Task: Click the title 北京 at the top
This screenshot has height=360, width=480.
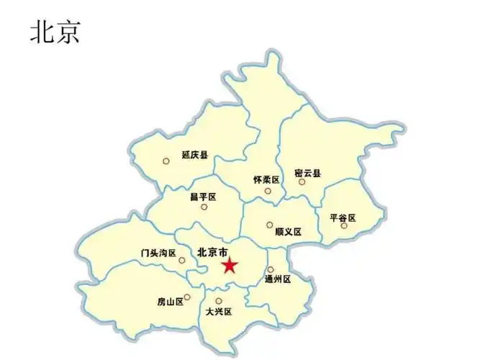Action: (55, 32)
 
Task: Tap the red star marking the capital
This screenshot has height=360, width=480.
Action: (230, 266)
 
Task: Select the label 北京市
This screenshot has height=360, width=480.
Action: (212, 252)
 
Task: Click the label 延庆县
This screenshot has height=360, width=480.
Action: (194, 155)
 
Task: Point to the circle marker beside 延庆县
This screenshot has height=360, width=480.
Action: (166, 161)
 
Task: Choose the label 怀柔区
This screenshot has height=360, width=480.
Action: (266, 179)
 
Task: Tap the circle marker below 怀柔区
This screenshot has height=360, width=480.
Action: (268, 191)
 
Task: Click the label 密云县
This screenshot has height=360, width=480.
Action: (307, 173)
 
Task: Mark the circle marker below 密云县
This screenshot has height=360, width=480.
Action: (302, 182)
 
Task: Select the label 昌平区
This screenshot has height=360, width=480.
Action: (203, 196)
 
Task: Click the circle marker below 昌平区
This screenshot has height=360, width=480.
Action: (204, 207)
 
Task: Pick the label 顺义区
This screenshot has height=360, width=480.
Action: (288, 232)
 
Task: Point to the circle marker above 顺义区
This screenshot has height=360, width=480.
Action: (270, 225)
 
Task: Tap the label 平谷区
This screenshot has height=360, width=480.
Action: (343, 217)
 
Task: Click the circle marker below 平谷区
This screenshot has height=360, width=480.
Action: (344, 226)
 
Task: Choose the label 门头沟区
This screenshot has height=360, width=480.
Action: (158, 253)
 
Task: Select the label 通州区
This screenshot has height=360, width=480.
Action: (277, 279)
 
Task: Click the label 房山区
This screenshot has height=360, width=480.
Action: (170, 302)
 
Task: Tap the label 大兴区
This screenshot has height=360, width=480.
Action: (218, 312)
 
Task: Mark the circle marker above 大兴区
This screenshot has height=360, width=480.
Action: (219, 301)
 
